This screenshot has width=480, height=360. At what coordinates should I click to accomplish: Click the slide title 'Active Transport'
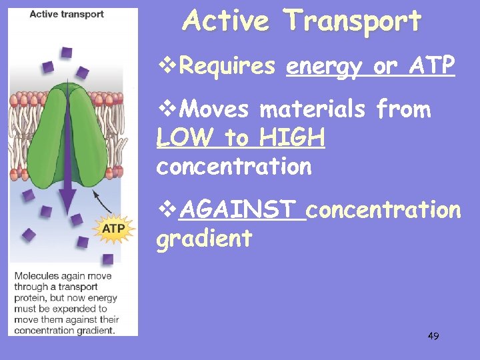click(x=302, y=21)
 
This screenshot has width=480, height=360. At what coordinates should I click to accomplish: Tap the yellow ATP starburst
click(x=113, y=229)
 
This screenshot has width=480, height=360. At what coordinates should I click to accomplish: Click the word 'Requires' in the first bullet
click(x=227, y=66)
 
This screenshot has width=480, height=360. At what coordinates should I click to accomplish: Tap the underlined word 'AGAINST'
click(x=242, y=210)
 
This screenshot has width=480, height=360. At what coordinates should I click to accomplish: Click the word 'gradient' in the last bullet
click(x=205, y=238)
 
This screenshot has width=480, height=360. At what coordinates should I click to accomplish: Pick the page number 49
click(x=433, y=336)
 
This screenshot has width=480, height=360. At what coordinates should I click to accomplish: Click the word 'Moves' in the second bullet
click(x=216, y=109)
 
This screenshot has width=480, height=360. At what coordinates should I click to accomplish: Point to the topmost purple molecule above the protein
click(x=67, y=52)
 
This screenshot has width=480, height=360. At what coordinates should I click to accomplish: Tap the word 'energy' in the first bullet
click(x=323, y=66)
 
